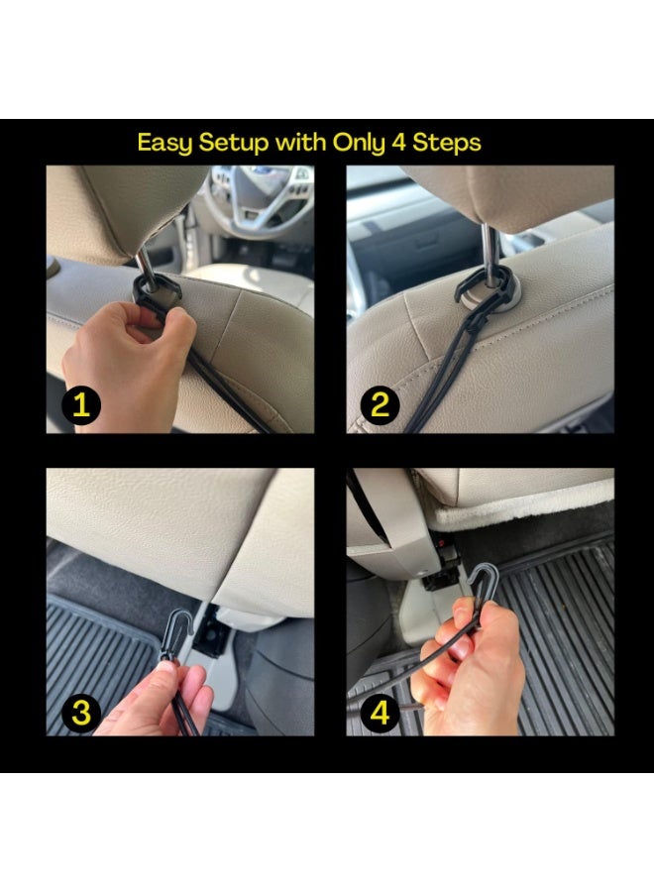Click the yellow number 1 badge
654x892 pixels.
[80, 405]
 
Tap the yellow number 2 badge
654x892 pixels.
[380, 405]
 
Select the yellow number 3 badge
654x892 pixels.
[80, 713]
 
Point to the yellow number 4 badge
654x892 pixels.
[380, 713]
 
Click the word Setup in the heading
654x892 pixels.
[234, 143]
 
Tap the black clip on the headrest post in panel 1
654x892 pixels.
[156, 291]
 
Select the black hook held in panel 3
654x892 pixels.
[178, 632]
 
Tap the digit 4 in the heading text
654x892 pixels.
[398, 142]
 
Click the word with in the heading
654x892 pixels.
[301, 142]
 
